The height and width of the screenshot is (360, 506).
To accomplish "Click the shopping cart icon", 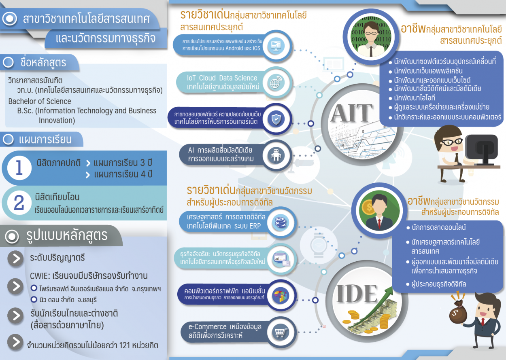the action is point(281,332).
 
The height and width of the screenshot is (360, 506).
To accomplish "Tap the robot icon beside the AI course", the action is point(276,155).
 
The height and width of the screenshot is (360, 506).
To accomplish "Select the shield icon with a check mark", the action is point(276,119).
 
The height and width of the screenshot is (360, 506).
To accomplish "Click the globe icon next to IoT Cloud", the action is point(276,83).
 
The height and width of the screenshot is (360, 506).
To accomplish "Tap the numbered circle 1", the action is point(19,168).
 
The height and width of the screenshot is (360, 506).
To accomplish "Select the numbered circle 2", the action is point(19,203).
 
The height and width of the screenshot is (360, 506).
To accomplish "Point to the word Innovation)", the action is point(57,120).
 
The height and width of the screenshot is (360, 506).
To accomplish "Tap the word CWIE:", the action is point(40,276).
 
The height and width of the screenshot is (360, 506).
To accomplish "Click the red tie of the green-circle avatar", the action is point(380,223).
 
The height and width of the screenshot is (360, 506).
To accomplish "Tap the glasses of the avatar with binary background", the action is point(371,33).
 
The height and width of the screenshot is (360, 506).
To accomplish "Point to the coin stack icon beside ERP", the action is point(281,222).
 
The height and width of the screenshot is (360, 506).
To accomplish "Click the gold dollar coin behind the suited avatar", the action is point(368,208).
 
